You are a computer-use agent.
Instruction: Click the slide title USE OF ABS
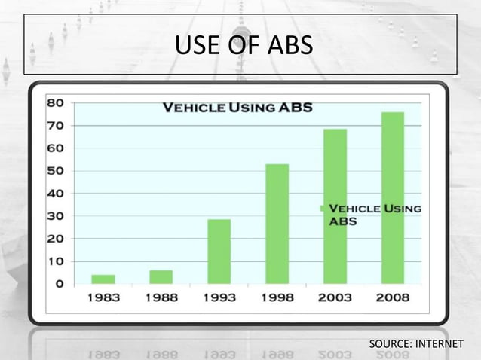(243, 47)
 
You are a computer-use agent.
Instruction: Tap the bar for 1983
(103, 279)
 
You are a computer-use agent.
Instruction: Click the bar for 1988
(161, 277)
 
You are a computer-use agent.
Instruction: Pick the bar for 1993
(219, 252)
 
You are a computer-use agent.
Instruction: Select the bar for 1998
(277, 224)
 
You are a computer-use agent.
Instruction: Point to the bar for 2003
(335, 206)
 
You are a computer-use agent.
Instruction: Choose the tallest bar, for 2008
(393, 198)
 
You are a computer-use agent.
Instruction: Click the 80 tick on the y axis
(55, 103)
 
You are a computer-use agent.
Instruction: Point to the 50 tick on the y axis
(55, 171)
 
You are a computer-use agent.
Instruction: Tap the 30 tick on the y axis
(55, 216)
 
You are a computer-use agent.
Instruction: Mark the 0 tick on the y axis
(58, 284)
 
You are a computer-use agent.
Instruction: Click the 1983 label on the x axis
(103, 297)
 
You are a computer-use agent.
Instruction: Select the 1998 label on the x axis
(277, 297)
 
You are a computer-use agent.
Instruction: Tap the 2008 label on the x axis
(393, 297)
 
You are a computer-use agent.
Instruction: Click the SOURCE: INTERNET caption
(415, 345)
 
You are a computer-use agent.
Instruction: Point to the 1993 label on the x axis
(219, 297)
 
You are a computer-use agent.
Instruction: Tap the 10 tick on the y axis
(55, 261)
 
